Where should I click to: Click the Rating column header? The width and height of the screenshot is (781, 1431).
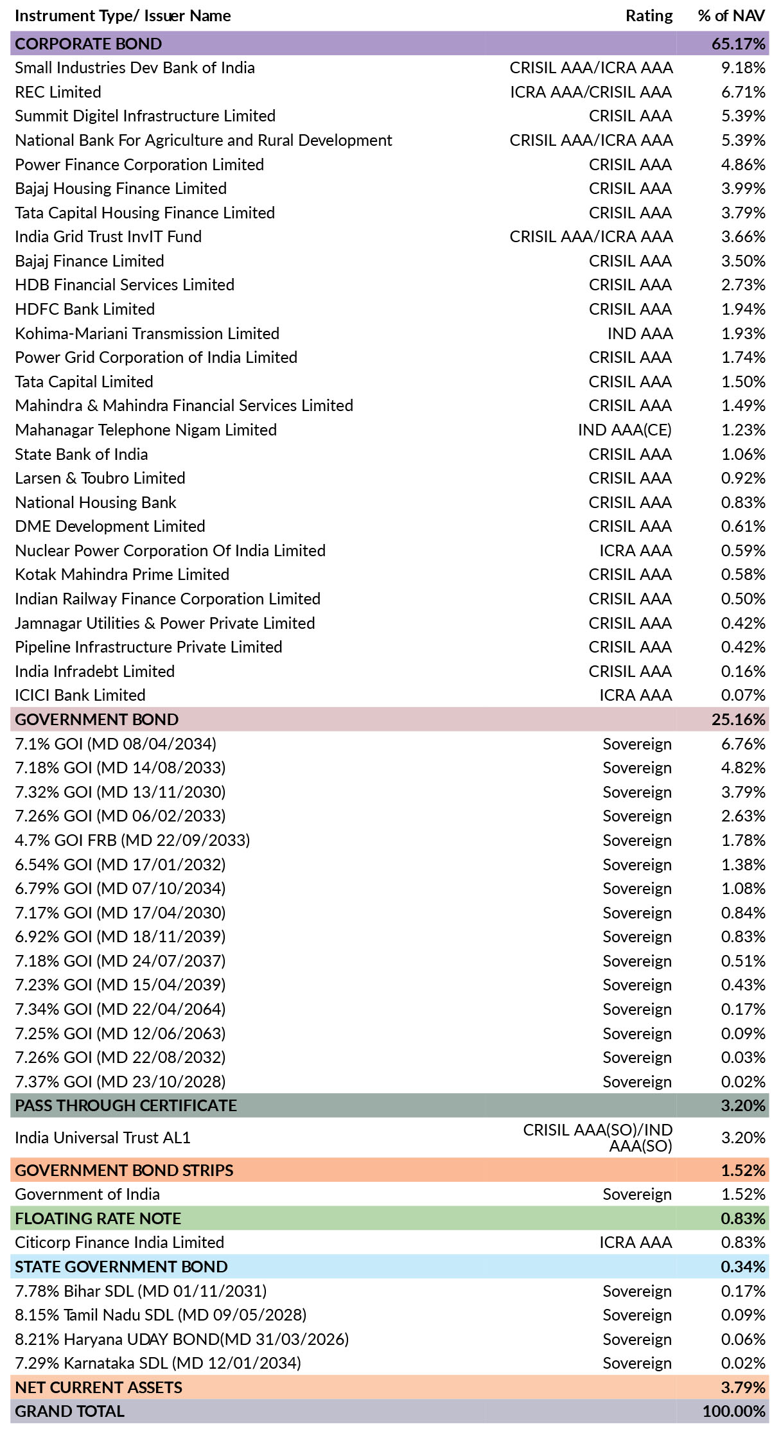[649, 16]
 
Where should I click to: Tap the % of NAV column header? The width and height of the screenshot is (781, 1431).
[732, 16]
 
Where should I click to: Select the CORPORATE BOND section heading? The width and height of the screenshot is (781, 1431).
[89, 44]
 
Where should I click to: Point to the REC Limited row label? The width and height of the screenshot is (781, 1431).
[58, 92]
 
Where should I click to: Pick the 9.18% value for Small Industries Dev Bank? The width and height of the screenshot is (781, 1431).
[743, 68]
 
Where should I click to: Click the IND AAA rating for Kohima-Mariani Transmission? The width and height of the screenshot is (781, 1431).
[640, 333]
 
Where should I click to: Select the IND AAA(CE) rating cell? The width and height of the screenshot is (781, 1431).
[625, 430]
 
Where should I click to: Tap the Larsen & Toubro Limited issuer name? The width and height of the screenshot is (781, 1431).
[100, 478]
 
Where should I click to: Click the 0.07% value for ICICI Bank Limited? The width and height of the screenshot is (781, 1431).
[743, 695]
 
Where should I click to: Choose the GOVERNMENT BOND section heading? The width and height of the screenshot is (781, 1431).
[97, 719]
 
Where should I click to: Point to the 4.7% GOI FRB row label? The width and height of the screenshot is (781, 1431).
[132, 840]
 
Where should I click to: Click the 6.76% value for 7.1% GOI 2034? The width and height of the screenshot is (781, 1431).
[743, 744]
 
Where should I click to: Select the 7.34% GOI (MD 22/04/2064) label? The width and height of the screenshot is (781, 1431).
[120, 1009]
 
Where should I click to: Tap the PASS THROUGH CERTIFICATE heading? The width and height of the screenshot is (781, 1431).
[126, 1105]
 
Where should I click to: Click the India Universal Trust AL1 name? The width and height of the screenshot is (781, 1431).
[103, 1137]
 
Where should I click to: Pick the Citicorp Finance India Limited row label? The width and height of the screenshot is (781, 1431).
[119, 1242]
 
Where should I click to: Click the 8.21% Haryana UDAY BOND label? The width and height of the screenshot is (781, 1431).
[182, 1339]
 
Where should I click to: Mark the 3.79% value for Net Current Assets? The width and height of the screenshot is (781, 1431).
[743, 1387]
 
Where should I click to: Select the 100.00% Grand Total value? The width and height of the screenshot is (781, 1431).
[734, 1411]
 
